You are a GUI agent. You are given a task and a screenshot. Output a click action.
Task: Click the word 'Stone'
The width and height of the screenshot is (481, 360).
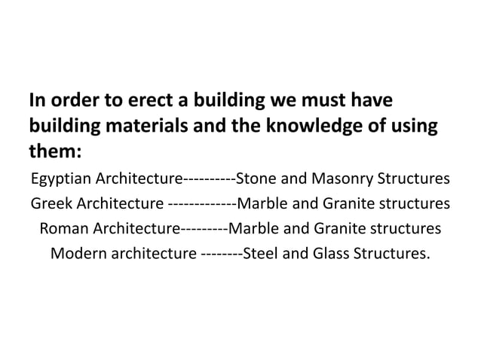point(256,180)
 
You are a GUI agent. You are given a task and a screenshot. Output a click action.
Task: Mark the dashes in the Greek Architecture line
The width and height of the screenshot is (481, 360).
point(201,204)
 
